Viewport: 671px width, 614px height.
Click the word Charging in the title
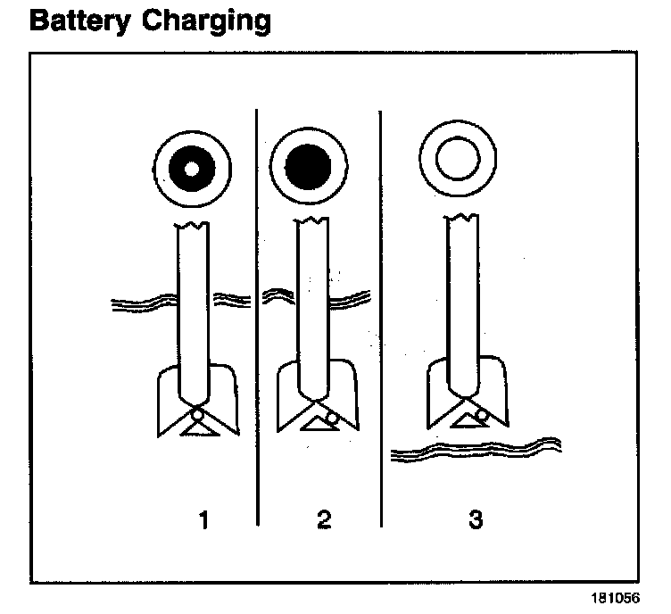click(x=204, y=21)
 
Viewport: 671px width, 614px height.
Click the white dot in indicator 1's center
click(x=191, y=167)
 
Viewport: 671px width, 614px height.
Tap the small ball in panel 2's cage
click(x=332, y=417)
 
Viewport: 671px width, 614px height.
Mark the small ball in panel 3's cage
click(x=482, y=414)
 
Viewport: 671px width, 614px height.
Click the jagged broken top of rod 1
click(x=194, y=222)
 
